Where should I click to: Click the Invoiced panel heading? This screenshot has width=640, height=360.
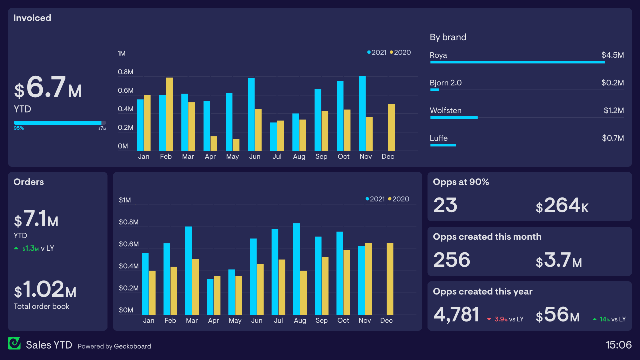(32, 18)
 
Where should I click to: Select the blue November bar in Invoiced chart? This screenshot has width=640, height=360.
(362, 113)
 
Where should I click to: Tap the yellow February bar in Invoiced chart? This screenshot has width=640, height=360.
(169, 114)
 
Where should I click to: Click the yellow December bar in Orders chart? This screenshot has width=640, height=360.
(390, 279)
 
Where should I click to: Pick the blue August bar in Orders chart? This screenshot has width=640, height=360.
(296, 269)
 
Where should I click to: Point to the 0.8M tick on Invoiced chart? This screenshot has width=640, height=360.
(125, 72)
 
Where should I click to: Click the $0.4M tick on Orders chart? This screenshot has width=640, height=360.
(129, 266)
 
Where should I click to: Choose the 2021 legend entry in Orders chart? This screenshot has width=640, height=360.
(375, 199)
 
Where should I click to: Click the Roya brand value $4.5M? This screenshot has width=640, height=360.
(612, 55)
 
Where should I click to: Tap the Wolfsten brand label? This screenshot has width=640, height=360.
(445, 110)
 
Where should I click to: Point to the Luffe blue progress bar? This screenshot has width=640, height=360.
(443, 145)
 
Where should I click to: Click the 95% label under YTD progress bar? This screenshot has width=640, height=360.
(19, 128)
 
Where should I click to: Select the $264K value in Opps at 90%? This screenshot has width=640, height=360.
(562, 205)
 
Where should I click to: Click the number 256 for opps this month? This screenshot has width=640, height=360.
(452, 260)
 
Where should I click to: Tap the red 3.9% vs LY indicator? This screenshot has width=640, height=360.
(505, 319)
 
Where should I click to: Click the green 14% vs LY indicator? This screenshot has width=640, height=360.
(609, 319)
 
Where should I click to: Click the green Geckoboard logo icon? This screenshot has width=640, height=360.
(14, 343)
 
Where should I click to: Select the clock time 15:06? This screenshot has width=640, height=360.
(618, 345)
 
